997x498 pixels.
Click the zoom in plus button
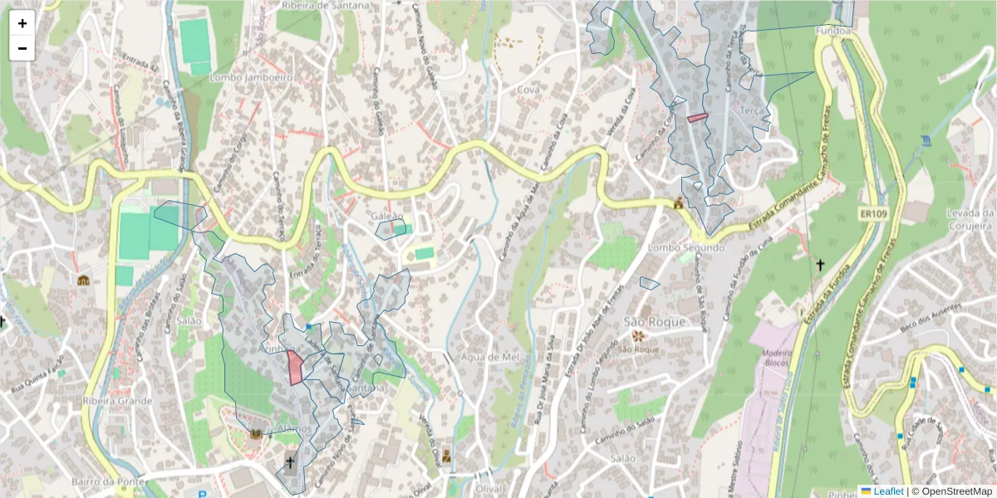22,23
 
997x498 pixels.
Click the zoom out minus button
22,48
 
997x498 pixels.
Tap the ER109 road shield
872,214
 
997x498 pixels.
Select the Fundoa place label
834,32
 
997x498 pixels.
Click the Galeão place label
388,217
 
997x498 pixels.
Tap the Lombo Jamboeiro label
252,76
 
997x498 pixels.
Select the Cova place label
528,89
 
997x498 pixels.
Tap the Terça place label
753,110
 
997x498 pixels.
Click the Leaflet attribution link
887,491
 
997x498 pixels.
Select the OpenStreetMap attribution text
951,491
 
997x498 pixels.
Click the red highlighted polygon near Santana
294,368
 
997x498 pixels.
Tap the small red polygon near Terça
698,117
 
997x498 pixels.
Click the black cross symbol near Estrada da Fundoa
820,265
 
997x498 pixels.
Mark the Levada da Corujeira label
970,219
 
